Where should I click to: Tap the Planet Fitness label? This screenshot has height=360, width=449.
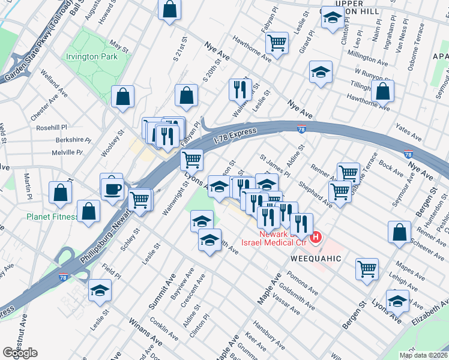51,217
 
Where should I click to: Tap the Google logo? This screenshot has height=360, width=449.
20,352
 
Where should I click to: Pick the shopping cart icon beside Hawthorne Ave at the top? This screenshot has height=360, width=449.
277,42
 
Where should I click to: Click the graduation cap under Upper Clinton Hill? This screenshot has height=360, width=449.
333,19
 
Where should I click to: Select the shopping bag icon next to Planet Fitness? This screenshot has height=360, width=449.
88,211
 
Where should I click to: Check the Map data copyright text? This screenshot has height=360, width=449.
423,355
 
